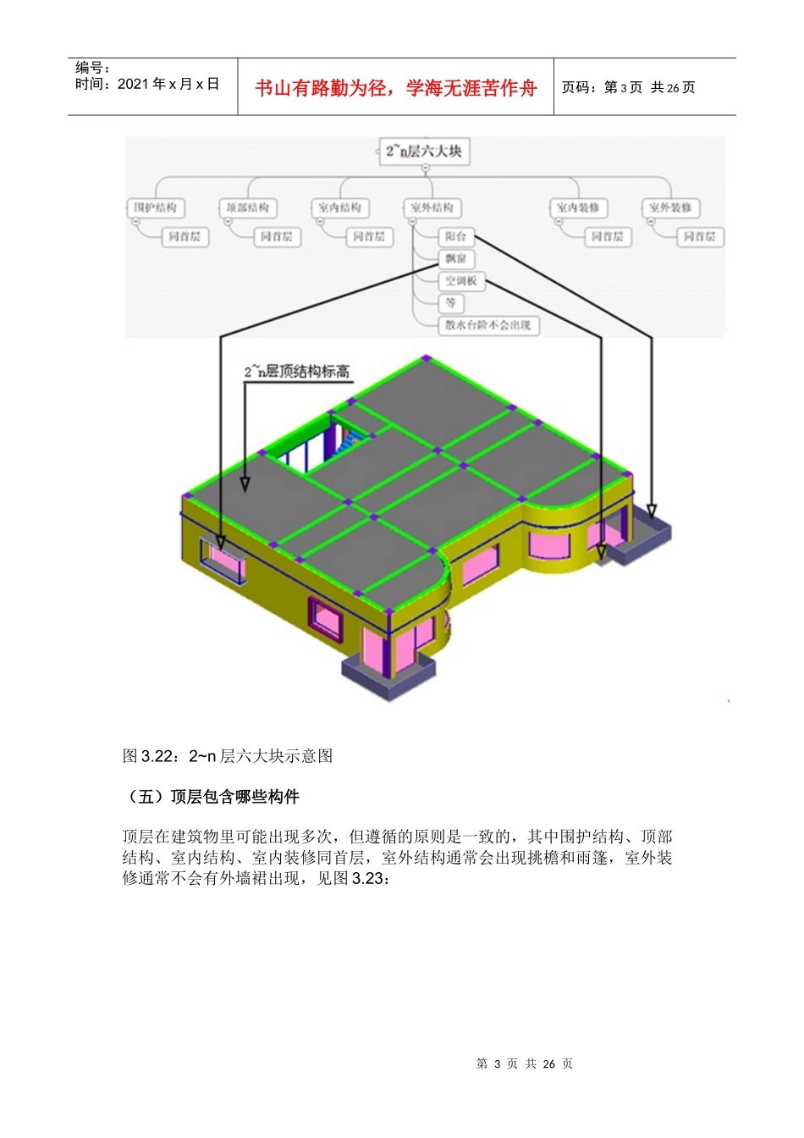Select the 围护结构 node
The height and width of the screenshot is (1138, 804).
coord(156,207)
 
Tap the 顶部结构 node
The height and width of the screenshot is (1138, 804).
coord(248,207)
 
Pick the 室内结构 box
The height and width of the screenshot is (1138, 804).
coord(340,207)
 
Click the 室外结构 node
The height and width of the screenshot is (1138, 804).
coord(432,207)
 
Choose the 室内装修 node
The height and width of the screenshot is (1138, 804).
coord(578,207)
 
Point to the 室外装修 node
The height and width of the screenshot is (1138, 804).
coord(670,207)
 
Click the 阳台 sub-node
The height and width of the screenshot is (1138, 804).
coord(455,237)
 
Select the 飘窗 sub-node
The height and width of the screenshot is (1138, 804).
coord(455,259)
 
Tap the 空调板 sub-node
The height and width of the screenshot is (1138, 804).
coord(461,281)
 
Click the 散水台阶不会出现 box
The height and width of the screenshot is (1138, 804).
coord(488,325)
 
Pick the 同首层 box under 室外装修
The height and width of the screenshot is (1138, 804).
coord(699,237)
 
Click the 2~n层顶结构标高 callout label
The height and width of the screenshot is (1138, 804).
coord(297,372)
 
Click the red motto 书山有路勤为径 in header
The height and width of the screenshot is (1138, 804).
coord(395,88)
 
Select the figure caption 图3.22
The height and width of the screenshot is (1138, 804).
coord(228,756)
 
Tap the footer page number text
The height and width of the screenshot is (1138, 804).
coord(525,1063)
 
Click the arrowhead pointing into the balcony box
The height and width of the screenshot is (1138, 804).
coord(652,511)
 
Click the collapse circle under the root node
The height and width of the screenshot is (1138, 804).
coord(426,168)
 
